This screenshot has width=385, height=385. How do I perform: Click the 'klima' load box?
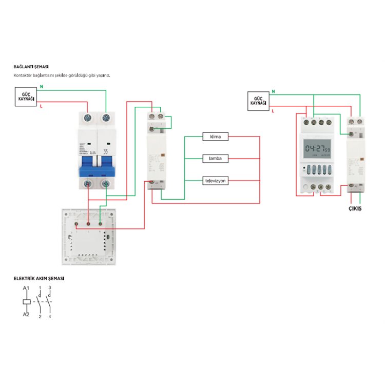(216, 137)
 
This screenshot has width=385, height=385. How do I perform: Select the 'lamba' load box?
(216, 159)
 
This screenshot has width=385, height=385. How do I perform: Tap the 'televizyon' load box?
(216, 181)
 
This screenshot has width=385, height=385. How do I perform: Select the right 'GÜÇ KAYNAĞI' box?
(258, 100)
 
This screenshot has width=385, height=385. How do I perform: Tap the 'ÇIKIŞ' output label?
(355, 209)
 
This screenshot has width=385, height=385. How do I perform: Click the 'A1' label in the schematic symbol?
(26, 290)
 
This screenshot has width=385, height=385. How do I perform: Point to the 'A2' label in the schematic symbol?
(26, 314)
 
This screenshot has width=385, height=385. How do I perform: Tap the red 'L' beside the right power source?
(273, 110)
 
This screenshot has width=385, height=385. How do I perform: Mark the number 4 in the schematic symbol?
(50, 316)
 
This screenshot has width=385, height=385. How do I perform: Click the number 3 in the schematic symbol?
(50, 288)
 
